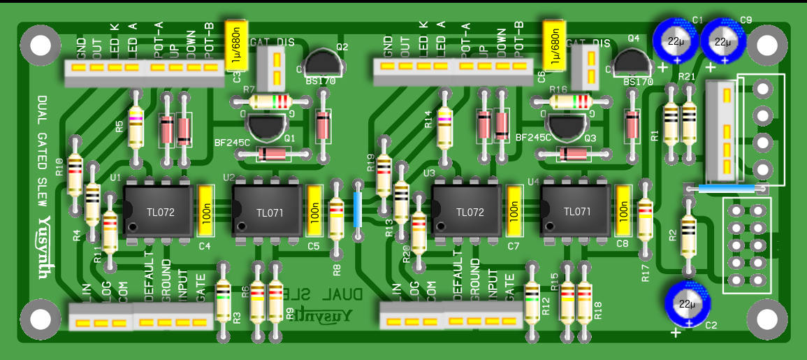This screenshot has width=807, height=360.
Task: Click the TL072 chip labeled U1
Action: [x=158, y=212]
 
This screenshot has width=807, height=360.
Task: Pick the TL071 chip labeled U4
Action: [x=577, y=212]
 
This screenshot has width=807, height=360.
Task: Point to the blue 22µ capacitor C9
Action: [x=723, y=40]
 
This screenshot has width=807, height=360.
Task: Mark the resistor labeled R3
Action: [x=224, y=301]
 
